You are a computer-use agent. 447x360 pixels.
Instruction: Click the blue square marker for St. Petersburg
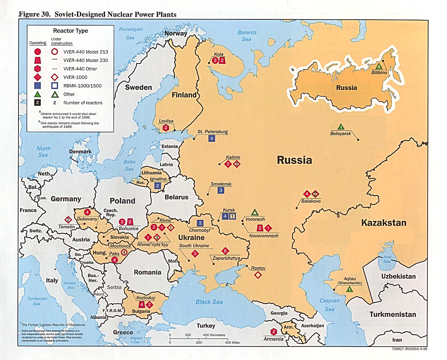click(212, 139)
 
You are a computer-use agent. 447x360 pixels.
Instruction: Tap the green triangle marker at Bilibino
click(379, 66)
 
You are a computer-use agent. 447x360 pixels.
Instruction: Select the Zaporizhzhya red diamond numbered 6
click(225, 251)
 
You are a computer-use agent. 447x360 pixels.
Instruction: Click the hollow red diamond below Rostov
click(258, 275)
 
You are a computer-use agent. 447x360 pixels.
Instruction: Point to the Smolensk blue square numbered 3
click(221, 190)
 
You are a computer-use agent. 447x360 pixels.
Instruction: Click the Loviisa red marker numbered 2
click(166, 128)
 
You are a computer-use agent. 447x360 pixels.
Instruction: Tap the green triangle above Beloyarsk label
click(341, 127)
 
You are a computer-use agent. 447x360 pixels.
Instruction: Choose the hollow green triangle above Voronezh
click(255, 212)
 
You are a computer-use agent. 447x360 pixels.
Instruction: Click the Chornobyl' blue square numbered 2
click(200, 223)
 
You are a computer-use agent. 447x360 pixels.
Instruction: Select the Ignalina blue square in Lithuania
click(157, 186)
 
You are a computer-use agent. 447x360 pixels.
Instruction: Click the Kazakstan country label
click(384, 223)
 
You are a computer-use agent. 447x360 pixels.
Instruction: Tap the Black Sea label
click(209, 302)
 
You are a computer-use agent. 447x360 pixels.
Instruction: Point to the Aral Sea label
click(387, 259)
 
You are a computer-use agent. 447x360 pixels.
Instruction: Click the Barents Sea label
click(247, 36)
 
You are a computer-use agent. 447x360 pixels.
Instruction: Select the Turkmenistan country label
click(393, 314)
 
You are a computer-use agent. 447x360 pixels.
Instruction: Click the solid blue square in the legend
click(37, 86)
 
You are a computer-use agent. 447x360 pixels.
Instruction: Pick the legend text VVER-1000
click(75, 77)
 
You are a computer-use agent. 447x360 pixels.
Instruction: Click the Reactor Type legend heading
click(70, 31)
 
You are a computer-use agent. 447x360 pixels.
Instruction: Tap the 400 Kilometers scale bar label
click(214, 335)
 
